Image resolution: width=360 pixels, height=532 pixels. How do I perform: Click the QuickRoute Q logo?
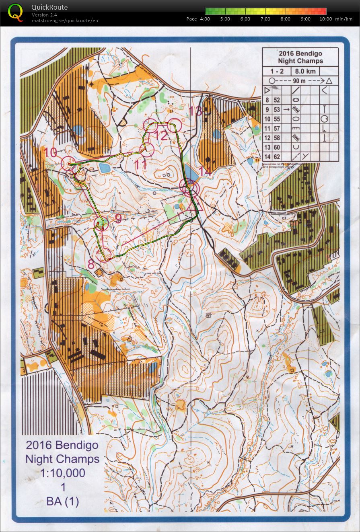[15, 12]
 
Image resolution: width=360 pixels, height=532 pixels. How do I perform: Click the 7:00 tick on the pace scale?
[265, 19]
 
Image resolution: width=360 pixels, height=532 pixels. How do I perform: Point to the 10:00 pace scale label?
[325, 19]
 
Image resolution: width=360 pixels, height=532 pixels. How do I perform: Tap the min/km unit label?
[344, 19]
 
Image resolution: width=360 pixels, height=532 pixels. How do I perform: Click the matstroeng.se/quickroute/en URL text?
[65, 21]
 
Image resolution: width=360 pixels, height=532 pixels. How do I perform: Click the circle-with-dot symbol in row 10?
[324, 119]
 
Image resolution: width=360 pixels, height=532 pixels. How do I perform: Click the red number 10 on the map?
[51, 152]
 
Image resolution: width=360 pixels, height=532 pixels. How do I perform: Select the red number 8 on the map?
[91, 264]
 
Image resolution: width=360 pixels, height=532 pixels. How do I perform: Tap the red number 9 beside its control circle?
[118, 218]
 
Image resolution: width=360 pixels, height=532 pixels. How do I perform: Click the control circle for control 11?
[147, 149]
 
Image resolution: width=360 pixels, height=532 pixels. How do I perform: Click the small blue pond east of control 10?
[104, 168]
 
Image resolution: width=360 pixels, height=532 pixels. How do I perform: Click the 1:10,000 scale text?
[63, 473]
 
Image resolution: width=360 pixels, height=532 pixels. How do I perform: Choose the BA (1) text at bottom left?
[63, 501]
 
